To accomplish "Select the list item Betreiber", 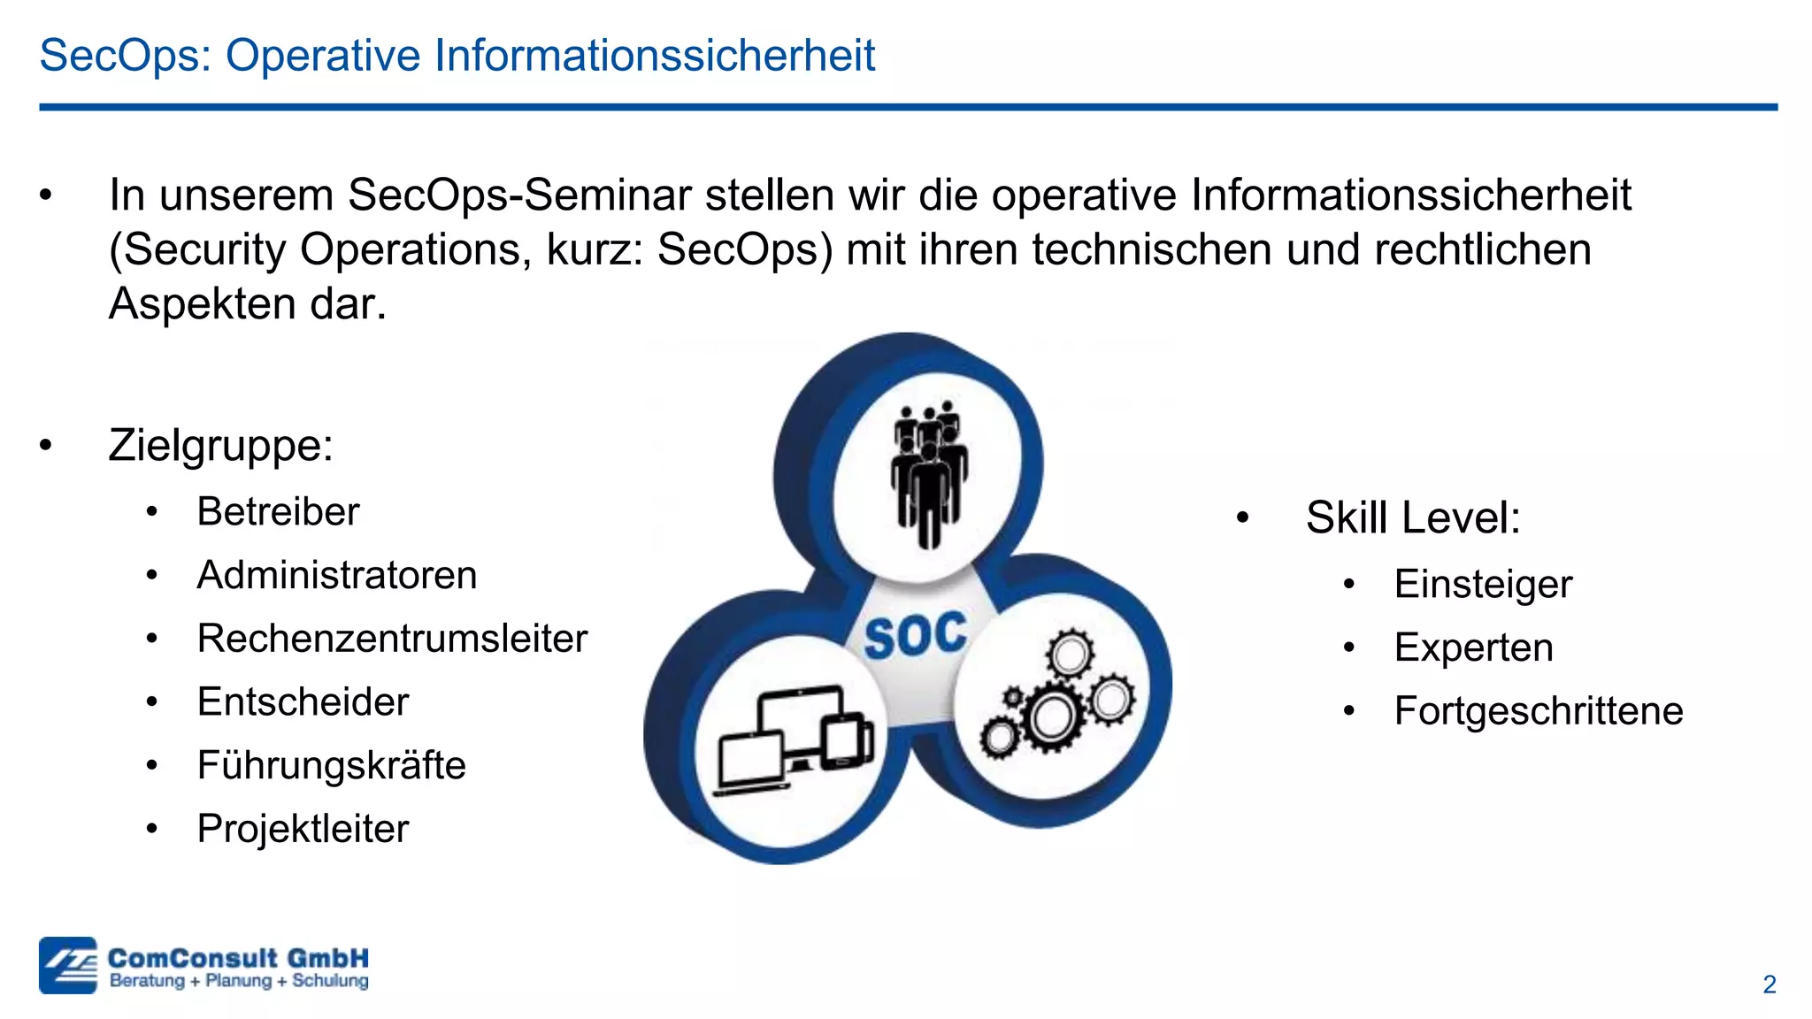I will pyautogui.click(x=278, y=511).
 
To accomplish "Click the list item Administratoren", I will pyautogui.click(x=336, y=575).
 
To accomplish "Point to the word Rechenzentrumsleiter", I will pyautogui.click(x=392, y=639).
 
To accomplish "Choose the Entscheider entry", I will pyautogui.click(x=303, y=702).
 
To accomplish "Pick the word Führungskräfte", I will pyautogui.click(x=331, y=766).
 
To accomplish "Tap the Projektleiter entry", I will pyautogui.click(x=303, y=829).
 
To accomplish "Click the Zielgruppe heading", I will pyautogui.click(x=220, y=445).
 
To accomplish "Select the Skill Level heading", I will pyautogui.click(x=1412, y=517).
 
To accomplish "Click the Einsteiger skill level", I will pyautogui.click(x=1483, y=584).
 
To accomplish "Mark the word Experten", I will pyautogui.click(x=1473, y=647).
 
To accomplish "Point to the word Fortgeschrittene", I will pyautogui.click(x=1538, y=711).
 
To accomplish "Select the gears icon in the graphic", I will pyautogui.click(x=1056, y=694).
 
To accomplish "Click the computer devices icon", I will pyautogui.click(x=795, y=739).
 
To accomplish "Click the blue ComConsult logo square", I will pyautogui.click(x=67, y=965).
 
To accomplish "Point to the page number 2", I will pyautogui.click(x=1769, y=985).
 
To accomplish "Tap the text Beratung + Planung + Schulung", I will pyautogui.click(x=239, y=981).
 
